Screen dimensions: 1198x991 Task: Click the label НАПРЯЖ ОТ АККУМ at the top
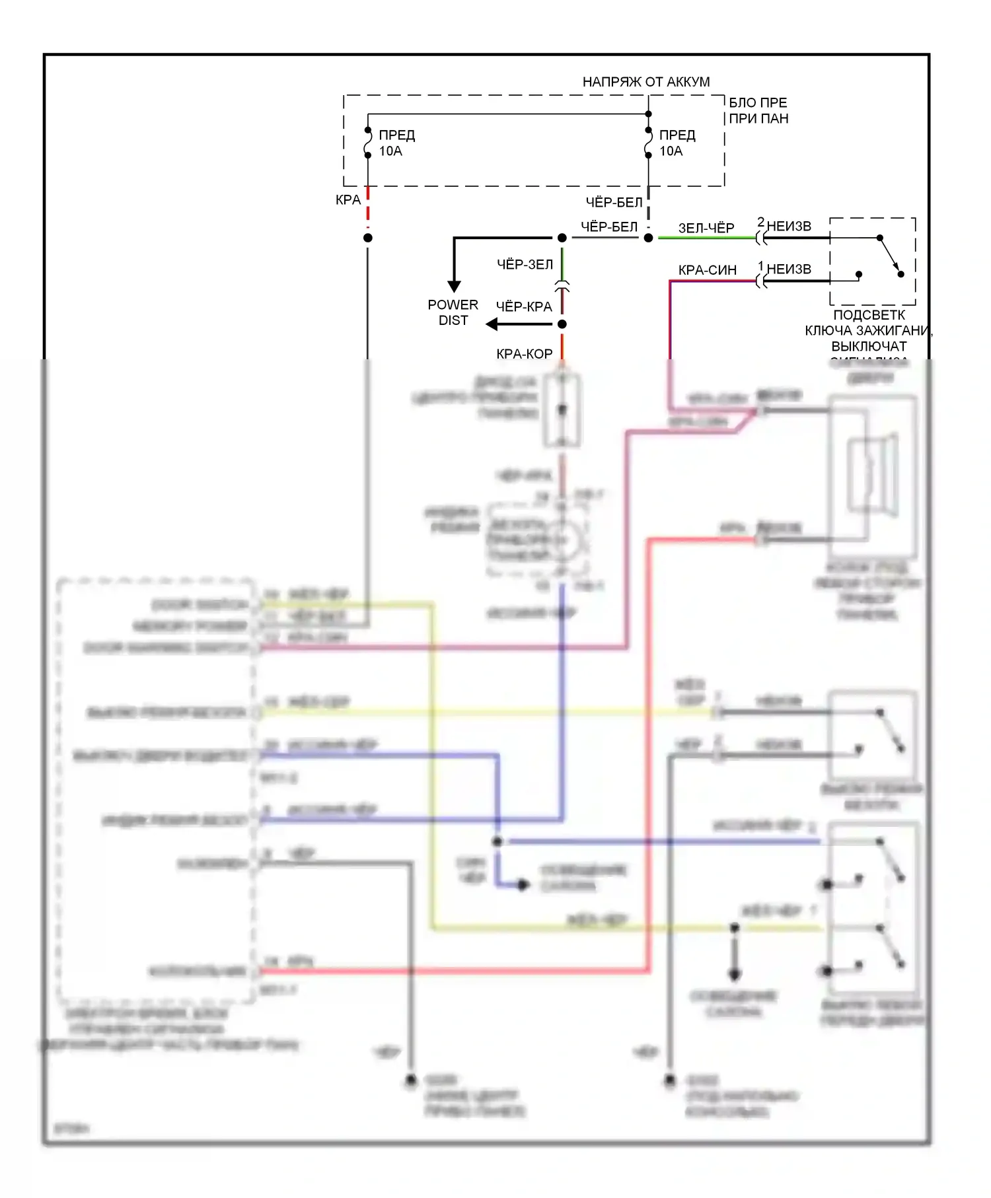(645, 82)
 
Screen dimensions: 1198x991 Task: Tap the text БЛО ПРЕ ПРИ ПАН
(758, 110)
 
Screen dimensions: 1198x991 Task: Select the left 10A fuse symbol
(368, 143)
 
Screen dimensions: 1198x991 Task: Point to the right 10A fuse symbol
(649, 143)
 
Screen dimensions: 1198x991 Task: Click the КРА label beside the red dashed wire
(348, 199)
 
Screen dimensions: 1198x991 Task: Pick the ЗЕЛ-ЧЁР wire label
(706, 228)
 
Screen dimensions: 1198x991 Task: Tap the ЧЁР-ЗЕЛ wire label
(525, 264)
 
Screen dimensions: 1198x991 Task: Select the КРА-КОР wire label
(524, 354)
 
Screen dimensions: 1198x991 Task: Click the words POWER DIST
(453, 312)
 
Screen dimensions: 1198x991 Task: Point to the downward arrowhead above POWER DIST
(454, 286)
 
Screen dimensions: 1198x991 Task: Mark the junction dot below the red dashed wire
(368, 238)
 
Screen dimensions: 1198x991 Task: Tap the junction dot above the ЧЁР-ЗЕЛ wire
(562, 238)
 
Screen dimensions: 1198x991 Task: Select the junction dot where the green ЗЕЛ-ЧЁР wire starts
(649, 238)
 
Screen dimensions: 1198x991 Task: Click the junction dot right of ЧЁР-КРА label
(562, 324)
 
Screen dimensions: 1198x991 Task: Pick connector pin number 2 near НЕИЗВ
(760, 222)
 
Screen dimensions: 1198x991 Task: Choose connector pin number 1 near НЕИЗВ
(760, 265)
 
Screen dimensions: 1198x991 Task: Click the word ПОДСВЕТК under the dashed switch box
(869, 315)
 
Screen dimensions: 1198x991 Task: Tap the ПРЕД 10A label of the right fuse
(677, 143)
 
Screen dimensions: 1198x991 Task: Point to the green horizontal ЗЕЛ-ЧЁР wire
(707, 238)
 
